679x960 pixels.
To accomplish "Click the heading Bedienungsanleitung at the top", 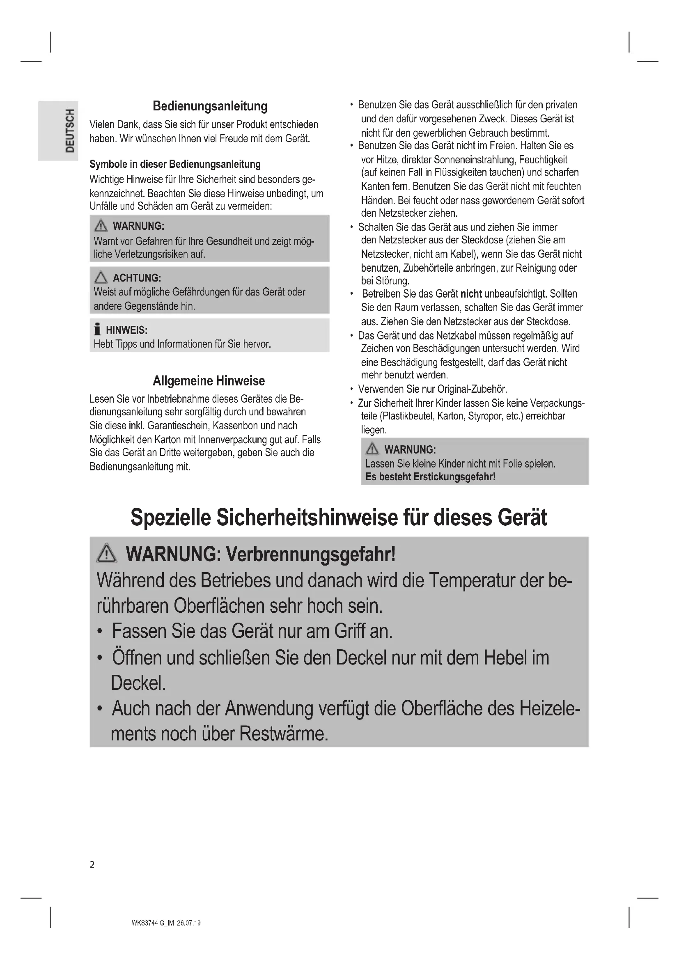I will (x=210, y=106).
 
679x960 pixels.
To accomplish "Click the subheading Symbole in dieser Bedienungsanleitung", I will (x=175, y=164).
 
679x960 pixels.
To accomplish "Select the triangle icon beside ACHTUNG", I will (x=101, y=277).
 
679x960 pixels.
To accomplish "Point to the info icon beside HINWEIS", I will (x=97, y=330).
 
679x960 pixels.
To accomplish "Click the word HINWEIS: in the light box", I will (x=126, y=330).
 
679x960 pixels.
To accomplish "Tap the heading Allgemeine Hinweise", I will (x=209, y=381).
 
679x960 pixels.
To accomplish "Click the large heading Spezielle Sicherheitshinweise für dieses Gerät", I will (x=339, y=518).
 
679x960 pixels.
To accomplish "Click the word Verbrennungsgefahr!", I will (x=311, y=554).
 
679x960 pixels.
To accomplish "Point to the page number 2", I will (x=92, y=865).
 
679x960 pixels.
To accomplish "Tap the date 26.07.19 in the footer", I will (x=188, y=923).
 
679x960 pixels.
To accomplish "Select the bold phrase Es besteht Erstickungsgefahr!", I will (x=430, y=477).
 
